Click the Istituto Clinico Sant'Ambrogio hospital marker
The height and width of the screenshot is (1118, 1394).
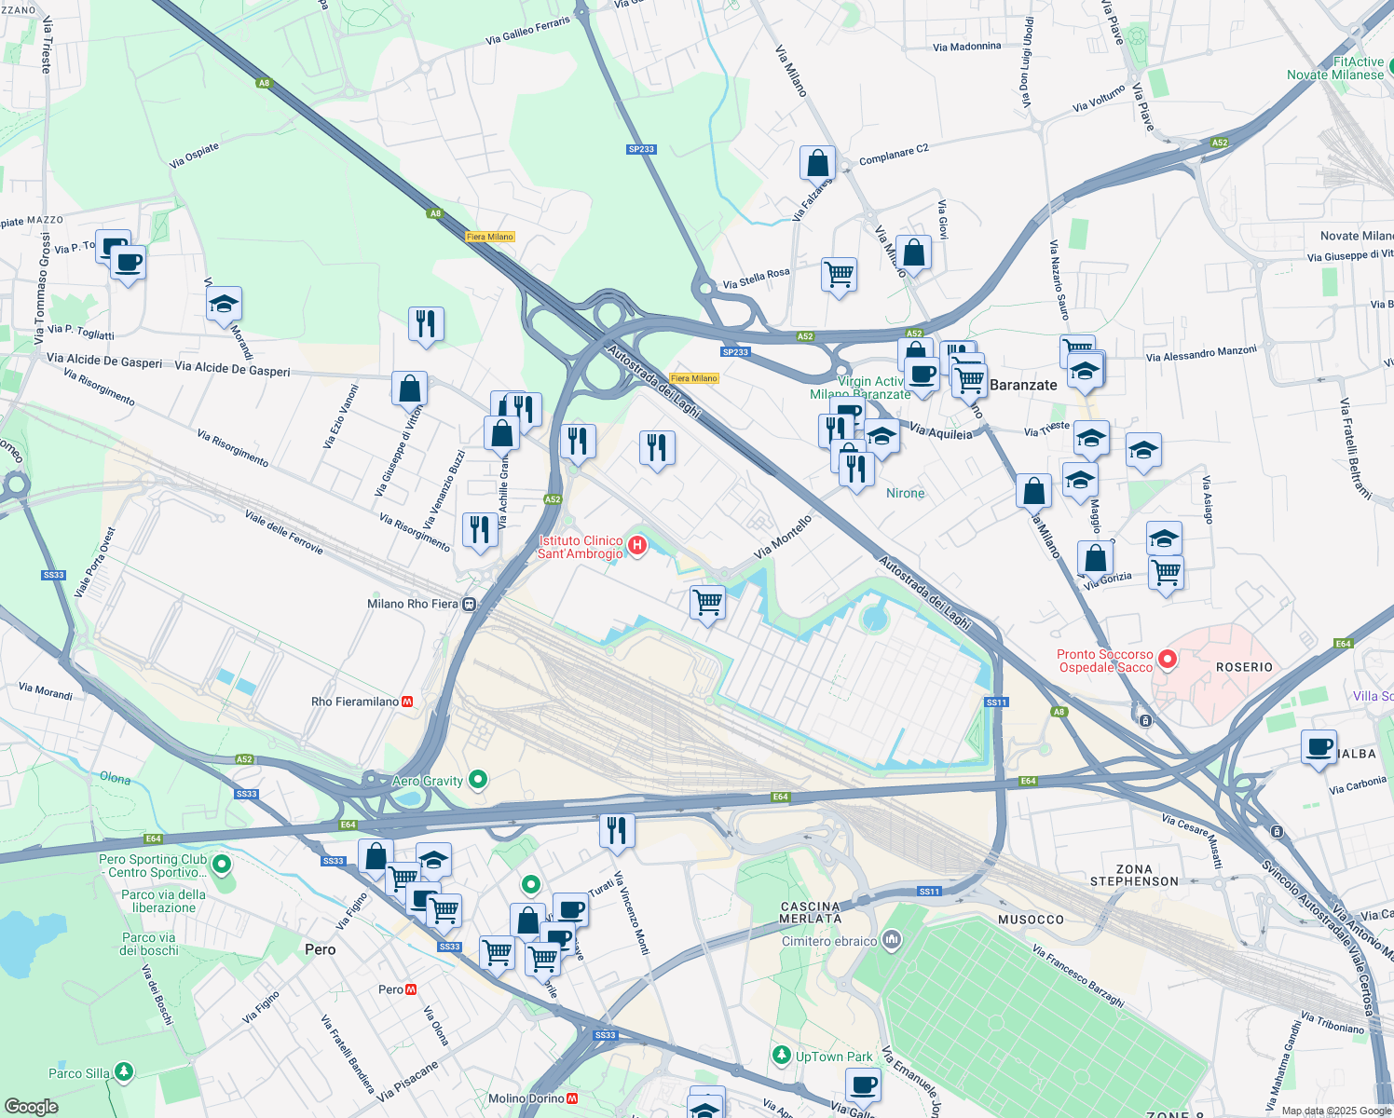(x=637, y=546)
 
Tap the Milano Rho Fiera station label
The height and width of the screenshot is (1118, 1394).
(x=413, y=604)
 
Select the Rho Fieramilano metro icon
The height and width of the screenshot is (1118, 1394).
(x=407, y=702)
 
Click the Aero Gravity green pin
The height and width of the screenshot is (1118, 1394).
(x=478, y=779)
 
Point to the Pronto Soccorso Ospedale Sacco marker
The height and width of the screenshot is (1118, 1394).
(x=1167, y=660)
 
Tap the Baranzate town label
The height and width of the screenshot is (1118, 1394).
(x=1023, y=385)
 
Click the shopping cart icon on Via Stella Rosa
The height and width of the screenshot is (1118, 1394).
(x=839, y=275)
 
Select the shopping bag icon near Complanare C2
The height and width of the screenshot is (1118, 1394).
(x=817, y=163)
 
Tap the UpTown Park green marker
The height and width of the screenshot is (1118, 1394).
(x=782, y=1055)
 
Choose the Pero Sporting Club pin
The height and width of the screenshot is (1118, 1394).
(x=222, y=865)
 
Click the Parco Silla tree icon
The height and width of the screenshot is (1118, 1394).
(x=123, y=1072)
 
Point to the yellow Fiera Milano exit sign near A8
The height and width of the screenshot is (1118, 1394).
(x=490, y=237)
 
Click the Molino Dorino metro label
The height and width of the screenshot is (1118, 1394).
(x=526, y=1098)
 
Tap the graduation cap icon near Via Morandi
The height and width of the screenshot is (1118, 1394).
(x=224, y=305)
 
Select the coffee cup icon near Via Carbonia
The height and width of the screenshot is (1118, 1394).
(x=1319, y=747)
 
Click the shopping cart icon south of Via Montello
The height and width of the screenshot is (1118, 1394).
(x=707, y=603)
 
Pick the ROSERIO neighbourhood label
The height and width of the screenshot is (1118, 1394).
(x=1244, y=667)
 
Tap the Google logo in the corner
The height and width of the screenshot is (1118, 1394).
(x=32, y=1106)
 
